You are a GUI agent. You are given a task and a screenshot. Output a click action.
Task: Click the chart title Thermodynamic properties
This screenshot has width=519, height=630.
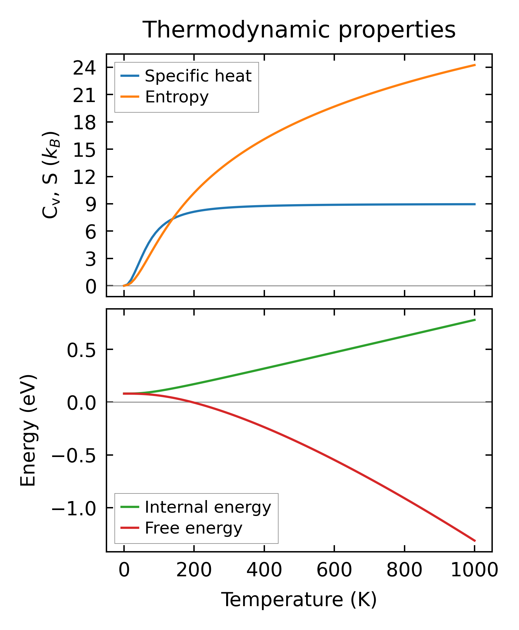tap(299, 30)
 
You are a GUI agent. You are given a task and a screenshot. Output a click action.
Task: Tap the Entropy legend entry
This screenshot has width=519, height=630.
tap(176, 97)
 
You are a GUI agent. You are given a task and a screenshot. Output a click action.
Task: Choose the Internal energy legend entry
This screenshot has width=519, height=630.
tap(208, 507)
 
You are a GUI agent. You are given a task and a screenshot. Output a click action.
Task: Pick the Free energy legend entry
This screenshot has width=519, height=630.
tap(193, 528)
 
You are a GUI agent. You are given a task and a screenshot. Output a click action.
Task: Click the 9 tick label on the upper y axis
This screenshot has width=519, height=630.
tap(91, 204)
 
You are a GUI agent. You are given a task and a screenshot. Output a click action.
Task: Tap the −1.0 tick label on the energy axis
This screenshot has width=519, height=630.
tap(74, 508)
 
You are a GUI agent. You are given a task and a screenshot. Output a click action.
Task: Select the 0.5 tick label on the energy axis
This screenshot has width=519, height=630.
tap(81, 350)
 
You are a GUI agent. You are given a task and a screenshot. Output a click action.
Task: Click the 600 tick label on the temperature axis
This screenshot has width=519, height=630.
tap(334, 571)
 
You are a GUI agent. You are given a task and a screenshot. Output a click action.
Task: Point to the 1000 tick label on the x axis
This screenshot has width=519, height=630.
tap(474, 571)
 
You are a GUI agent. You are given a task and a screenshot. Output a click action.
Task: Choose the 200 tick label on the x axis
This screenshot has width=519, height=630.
tap(194, 571)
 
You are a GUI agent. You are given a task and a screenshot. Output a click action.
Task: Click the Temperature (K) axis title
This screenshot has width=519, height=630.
tap(299, 600)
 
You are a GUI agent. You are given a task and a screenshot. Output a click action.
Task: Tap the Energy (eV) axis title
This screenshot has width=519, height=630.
tap(28, 430)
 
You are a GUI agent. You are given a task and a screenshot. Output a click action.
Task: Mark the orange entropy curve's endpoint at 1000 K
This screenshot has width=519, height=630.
tap(475, 65)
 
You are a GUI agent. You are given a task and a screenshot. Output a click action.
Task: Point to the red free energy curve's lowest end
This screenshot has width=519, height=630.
tap(475, 541)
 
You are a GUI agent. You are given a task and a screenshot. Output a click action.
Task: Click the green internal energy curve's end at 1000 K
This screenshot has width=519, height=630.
tap(475, 320)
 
